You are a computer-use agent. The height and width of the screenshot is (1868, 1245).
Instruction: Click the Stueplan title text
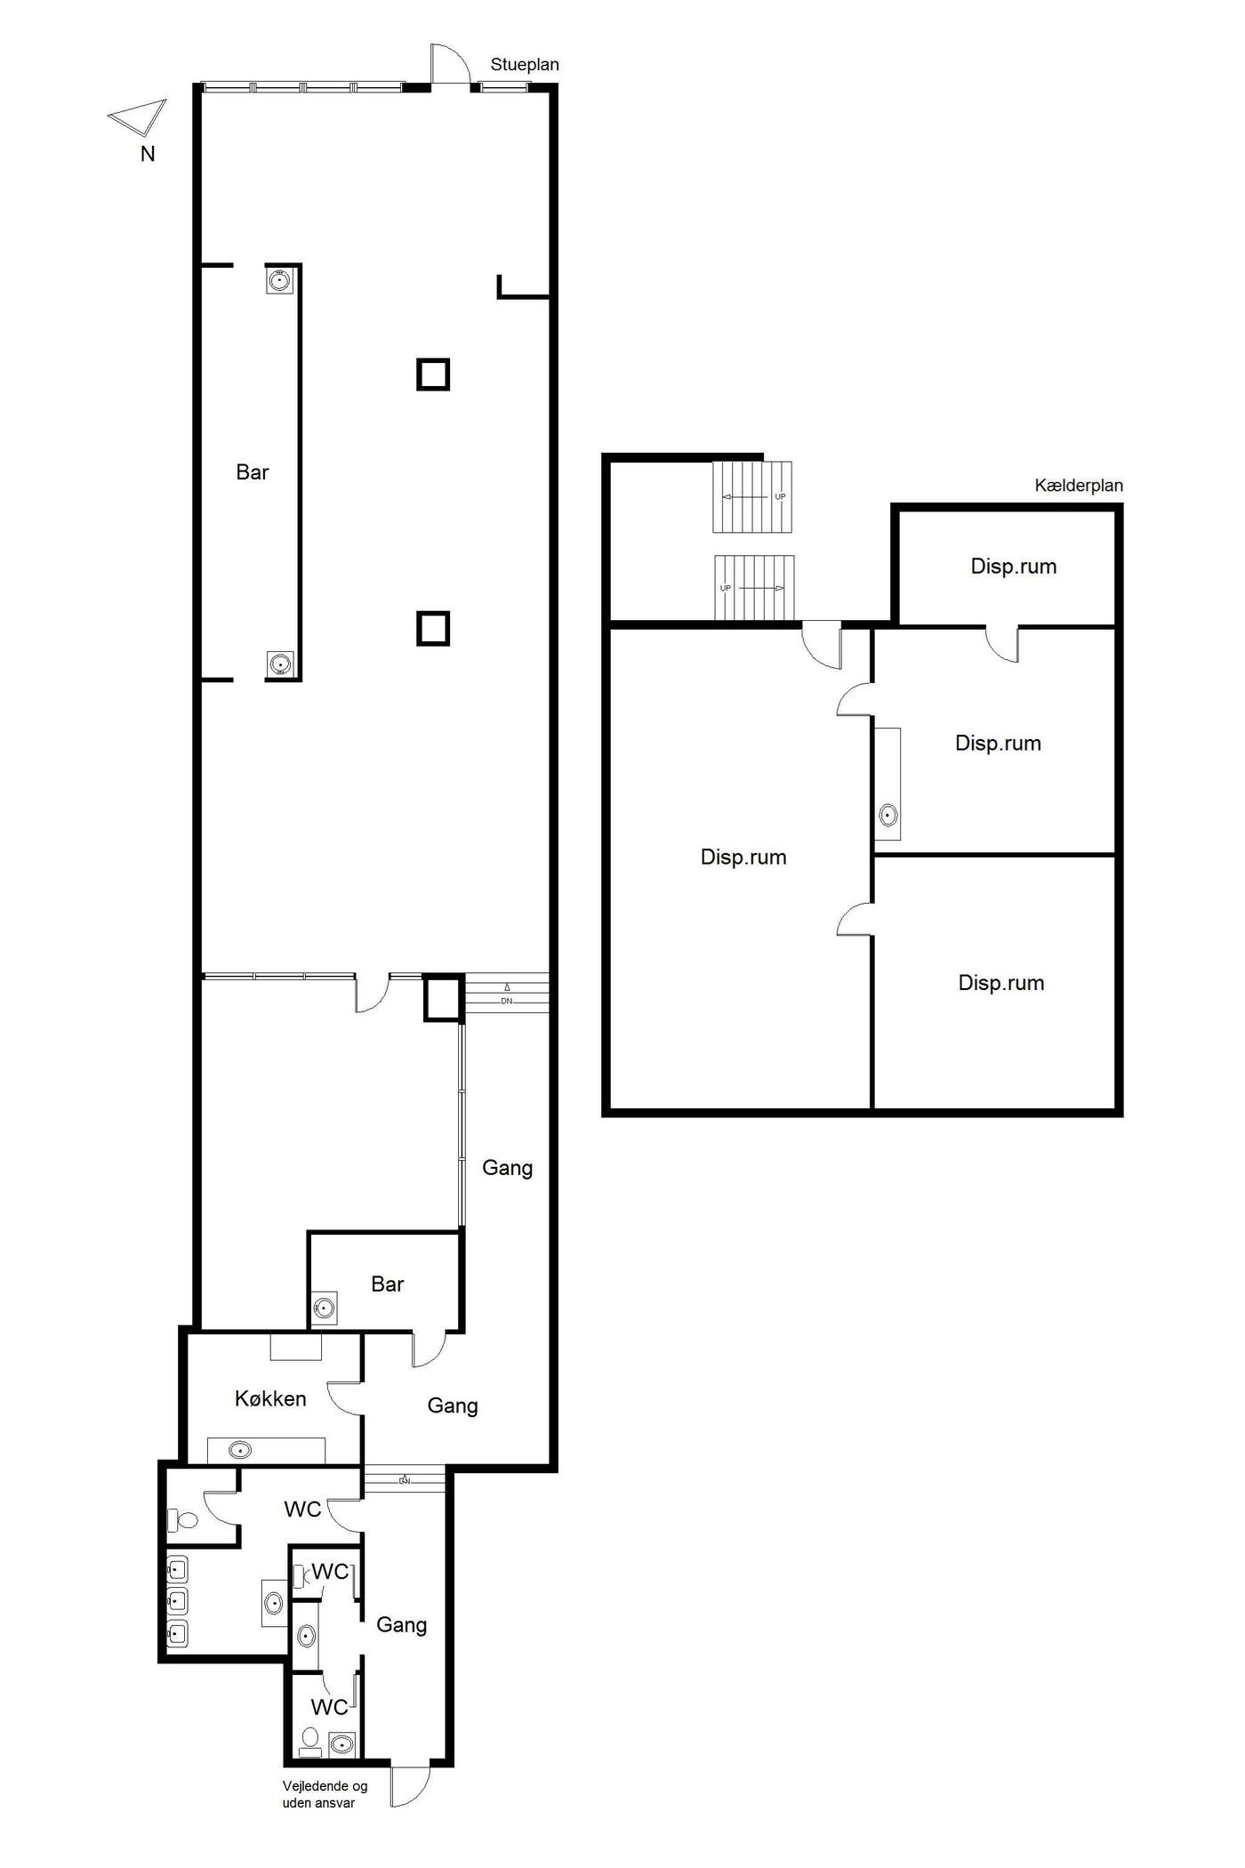click(x=525, y=65)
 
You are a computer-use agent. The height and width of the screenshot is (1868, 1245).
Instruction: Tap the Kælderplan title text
click(x=1079, y=486)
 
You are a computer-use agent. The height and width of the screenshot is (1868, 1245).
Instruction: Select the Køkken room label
click(x=270, y=1398)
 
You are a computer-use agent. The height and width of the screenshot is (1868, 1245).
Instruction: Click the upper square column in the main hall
click(x=433, y=374)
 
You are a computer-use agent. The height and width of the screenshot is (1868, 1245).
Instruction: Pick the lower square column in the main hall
click(x=433, y=629)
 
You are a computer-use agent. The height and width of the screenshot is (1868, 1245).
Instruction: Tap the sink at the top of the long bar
click(x=280, y=281)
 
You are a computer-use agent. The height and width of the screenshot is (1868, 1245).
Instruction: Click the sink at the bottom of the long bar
click(x=280, y=664)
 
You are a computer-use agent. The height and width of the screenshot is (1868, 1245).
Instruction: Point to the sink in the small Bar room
click(x=325, y=1308)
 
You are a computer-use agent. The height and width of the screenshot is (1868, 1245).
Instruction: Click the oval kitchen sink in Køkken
click(x=239, y=1451)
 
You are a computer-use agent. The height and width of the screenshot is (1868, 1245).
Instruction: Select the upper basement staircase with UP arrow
click(x=752, y=497)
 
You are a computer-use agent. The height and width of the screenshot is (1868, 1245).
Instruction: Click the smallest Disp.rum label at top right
click(x=1014, y=567)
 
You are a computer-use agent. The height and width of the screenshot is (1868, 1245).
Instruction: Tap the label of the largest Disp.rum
click(x=743, y=858)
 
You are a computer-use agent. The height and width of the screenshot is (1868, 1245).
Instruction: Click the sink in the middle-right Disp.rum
click(x=888, y=815)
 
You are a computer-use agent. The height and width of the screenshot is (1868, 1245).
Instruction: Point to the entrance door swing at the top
click(x=449, y=64)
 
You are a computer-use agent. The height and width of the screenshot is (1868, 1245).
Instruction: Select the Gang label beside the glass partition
click(x=508, y=1168)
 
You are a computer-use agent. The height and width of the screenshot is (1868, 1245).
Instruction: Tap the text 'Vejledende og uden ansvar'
click(x=325, y=1794)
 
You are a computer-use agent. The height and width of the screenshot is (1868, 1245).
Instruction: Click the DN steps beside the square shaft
click(x=507, y=994)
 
